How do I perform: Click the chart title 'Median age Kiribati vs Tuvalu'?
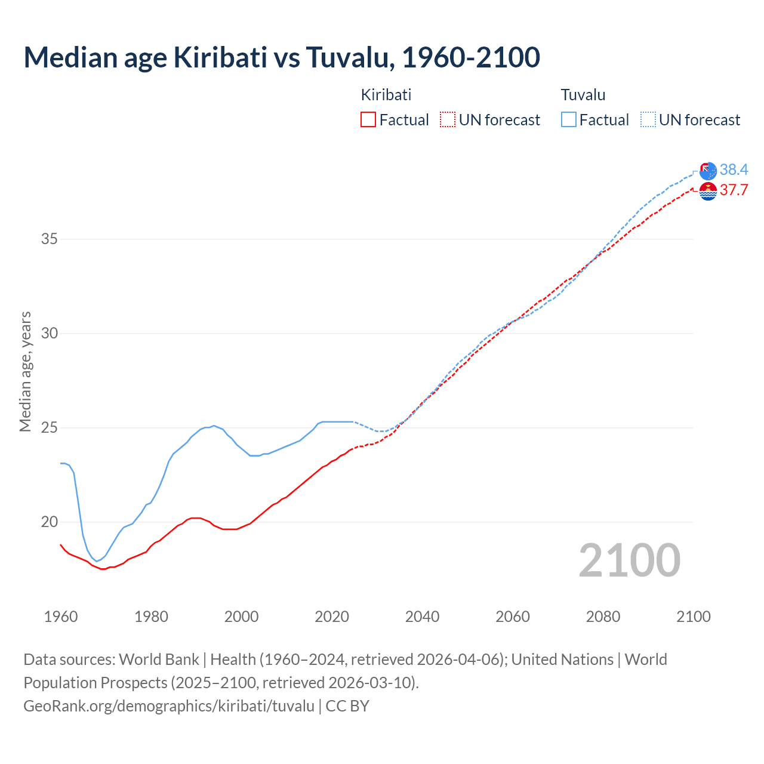coord(282,57)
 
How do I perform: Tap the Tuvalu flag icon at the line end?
coord(708,171)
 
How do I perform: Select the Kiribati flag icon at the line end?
coord(708,192)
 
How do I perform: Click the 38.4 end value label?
coord(734,170)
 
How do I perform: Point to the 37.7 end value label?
coord(734,190)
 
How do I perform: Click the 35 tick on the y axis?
coord(50,239)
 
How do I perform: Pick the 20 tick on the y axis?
coord(50,522)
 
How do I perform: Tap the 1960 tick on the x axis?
coord(61,617)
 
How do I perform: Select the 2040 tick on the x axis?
coord(422,617)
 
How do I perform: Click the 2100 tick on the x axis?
coord(693,617)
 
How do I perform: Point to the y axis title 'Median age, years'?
coord(25,371)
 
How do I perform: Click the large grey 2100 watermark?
coord(629,560)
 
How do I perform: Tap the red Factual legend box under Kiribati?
coord(368,120)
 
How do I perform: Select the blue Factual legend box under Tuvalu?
coord(568,120)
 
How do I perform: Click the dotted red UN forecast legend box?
coord(448,120)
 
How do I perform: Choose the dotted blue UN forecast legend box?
coord(648,120)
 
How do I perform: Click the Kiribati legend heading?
coord(386,95)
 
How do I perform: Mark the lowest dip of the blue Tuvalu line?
coord(96,561)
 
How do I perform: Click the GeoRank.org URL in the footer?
coord(169,706)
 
